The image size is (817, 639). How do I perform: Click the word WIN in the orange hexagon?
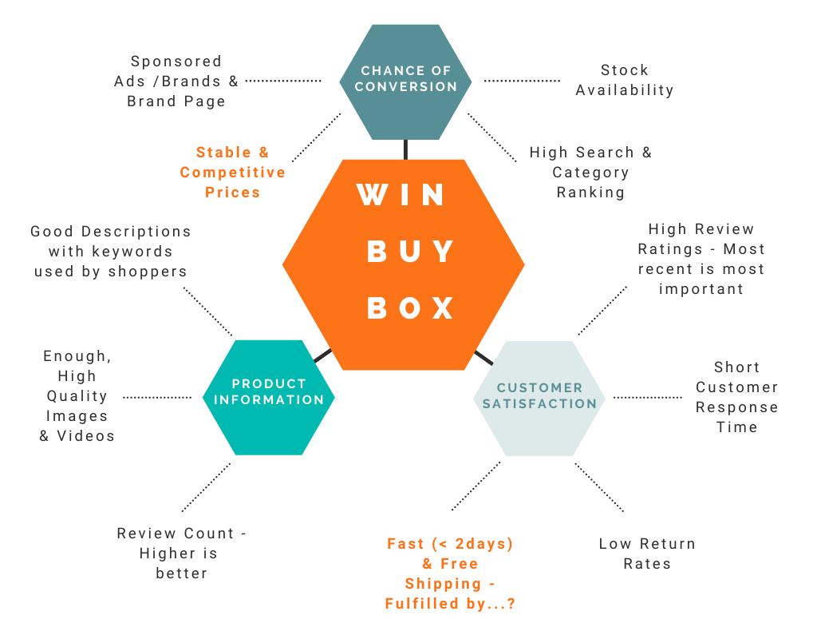coord(402,196)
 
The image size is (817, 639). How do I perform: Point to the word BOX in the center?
coord(411,308)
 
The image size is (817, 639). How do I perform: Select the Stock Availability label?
coord(625,81)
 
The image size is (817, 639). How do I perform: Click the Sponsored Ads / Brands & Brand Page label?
coord(176,81)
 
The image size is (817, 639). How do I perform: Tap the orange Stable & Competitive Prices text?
coord(233,173)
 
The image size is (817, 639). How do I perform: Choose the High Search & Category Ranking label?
coord(590,173)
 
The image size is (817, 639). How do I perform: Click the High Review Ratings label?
coord(701,260)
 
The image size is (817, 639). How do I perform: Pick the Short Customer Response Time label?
coord(736,397)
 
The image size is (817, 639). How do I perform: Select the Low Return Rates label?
coord(647,554)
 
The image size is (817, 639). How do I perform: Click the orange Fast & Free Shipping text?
coord(450,574)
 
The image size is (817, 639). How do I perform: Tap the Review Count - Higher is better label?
coord(181,554)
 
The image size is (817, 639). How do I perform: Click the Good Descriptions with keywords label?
coord(111,252)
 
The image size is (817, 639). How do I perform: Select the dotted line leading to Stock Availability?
coord(522,81)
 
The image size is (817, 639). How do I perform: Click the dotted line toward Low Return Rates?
coord(599,487)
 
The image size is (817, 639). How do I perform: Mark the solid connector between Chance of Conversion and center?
coord(405,149)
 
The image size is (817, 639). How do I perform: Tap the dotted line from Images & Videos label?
coord(157,397)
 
